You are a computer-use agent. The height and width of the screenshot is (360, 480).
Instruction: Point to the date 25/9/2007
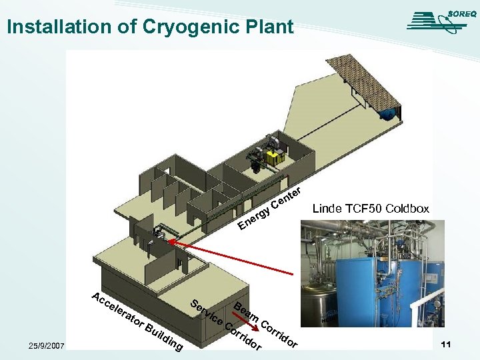click(x=46, y=345)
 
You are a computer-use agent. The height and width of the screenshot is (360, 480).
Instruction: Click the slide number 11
click(x=447, y=344)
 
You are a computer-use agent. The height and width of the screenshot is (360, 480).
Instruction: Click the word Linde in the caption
click(x=327, y=209)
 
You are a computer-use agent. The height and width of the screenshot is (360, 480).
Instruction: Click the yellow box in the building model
click(x=274, y=157)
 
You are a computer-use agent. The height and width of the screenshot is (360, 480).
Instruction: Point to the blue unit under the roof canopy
click(x=387, y=113)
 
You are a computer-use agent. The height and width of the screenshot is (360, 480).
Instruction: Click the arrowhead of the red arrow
click(x=171, y=243)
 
